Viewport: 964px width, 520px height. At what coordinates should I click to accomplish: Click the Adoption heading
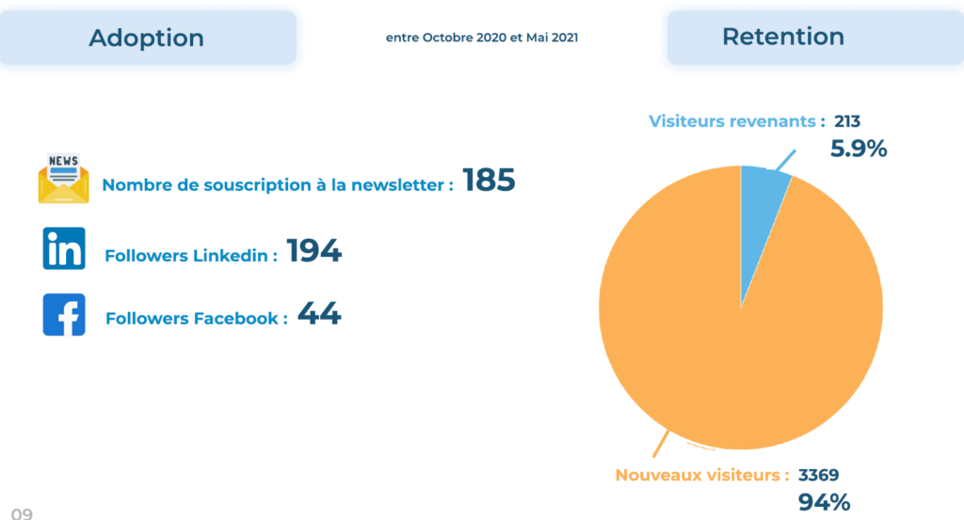(146, 38)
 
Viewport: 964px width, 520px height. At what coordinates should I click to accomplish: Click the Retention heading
(782, 37)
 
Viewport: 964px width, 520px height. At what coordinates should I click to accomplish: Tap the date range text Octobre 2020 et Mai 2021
(482, 39)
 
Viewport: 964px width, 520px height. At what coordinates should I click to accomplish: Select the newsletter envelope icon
(63, 179)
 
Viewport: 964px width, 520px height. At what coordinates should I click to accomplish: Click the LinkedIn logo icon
(64, 248)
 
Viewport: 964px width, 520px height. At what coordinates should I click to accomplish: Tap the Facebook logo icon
(64, 315)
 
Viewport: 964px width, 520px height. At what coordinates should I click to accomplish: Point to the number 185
(489, 181)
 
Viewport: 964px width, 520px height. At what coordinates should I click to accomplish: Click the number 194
(313, 251)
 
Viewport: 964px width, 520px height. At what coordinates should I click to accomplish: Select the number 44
(319, 314)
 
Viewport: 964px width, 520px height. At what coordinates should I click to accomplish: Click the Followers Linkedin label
(191, 256)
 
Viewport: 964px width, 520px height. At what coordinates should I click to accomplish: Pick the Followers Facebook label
(197, 319)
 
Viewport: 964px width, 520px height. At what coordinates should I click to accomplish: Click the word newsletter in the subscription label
(395, 185)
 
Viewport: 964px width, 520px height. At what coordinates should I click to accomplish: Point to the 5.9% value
(858, 149)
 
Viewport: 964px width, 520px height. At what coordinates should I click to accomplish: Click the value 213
(847, 121)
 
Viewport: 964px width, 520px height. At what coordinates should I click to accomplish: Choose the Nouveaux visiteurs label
(702, 475)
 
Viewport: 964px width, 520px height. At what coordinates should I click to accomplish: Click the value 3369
(818, 475)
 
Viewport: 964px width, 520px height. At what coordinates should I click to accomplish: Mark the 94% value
(824, 502)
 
